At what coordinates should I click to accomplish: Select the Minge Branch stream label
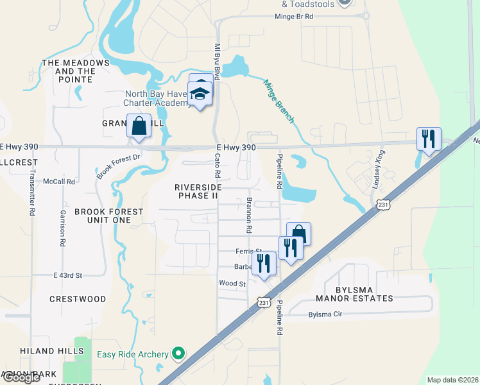pos(279,100)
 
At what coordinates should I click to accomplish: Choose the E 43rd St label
pos(68,275)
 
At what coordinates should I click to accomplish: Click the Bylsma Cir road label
pos(326,314)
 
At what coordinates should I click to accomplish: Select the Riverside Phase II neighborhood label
pos(197,191)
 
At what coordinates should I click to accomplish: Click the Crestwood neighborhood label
pos(78,299)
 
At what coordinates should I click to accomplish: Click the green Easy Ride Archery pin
pos(179,354)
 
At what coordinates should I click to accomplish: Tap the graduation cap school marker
pos(201,95)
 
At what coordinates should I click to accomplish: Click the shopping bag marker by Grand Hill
pos(139,126)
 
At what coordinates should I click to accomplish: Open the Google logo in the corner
pos(21,377)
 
